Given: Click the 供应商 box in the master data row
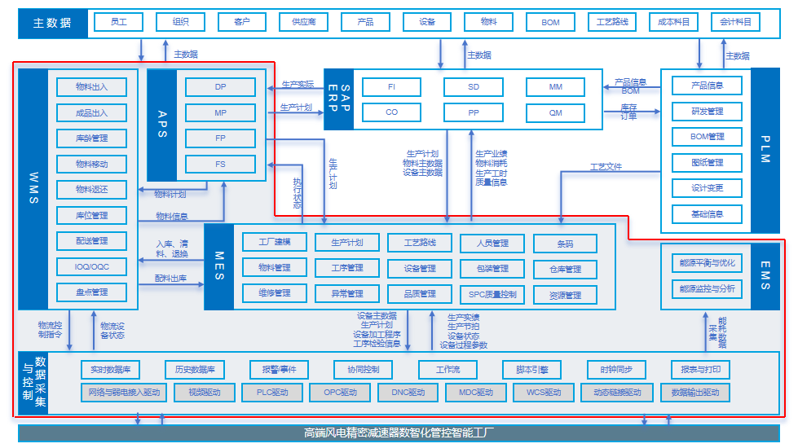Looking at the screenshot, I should pyautogui.click(x=303, y=22).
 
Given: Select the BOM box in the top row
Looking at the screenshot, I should pyautogui.click(x=550, y=22).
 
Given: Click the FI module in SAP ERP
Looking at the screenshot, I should pyautogui.click(x=391, y=86).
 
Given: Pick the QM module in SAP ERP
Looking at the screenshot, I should pyautogui.click(x=555, y=112).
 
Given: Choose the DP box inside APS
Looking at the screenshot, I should pyautogui.click(x=220, y=86).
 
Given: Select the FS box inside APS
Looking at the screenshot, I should pyautogui.click(x=220, y=164).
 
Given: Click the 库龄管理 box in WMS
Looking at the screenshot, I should pyautogui.click(x=91, y=138).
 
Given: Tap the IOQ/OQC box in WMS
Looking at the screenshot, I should pyautogui.click(x=91, y=266).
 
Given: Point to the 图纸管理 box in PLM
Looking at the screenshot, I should pyautogui.click(x=707, y=162).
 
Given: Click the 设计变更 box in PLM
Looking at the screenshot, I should pyautogui.click(x=707, y=188).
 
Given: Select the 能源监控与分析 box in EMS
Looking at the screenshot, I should pyautogui.click(x=707, y=288).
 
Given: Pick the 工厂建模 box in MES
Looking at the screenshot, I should pyautogui.click(x=274, y=242).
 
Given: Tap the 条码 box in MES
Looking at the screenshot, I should pyautogui.click(x=565, y=243).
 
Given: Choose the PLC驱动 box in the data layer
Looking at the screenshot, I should pyautogui.click(x=272, y=393).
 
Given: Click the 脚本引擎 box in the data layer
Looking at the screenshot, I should pyautogui.click(x=526, y=370).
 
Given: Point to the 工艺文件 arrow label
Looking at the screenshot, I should pyautogui.click(x=606, y=167).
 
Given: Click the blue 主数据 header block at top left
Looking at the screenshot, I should pyautogui.click(x=52, y=23).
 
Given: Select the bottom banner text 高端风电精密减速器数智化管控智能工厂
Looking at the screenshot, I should pyautogui.click(x=399, y=433).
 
